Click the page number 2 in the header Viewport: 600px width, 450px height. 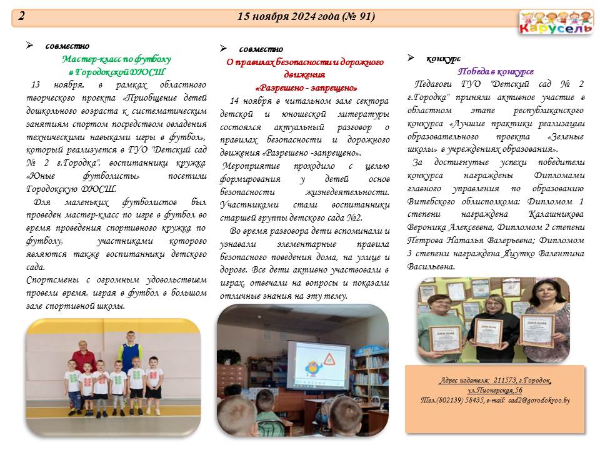[x=21, y=16]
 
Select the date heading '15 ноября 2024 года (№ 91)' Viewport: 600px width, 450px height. [x=306, y=16]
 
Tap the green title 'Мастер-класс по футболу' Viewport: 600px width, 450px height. [x=116, y=59]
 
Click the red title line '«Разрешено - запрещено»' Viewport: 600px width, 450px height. [x=306, y=88]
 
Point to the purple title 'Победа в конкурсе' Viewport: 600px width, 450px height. [x=496, y=71]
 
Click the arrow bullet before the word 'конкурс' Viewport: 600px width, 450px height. [x=411, y=57]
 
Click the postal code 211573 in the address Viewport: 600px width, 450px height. [x=505, y=381]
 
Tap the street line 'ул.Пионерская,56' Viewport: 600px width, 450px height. [x=494, y=390]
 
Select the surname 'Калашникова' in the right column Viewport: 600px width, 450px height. [x=556, y=214]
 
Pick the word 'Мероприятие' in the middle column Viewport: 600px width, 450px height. [x=251, y=166]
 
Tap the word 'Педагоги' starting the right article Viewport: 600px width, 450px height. [x=433, y=84]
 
